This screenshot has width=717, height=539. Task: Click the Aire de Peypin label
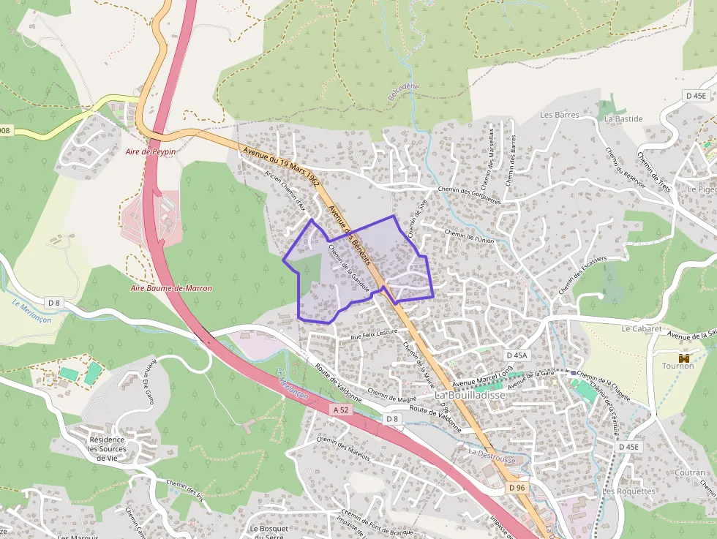[x=151, y=151]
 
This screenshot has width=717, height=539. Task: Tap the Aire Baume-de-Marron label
[x=170, y=288]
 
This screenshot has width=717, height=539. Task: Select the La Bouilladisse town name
[x=470, y=395]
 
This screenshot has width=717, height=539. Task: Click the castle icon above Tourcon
[x=685, y=358]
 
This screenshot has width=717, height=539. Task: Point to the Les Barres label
[x=560, y=115]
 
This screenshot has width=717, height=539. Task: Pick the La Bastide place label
[x=623, y=118]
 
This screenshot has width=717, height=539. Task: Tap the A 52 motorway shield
[x=340, y=410]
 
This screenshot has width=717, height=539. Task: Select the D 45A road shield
[x=517, y=355]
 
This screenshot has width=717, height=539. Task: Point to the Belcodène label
[x=403, y=92]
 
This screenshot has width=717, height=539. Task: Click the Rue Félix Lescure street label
[x=374, y=332]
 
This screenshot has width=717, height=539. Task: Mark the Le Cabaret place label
[x=641, y=329]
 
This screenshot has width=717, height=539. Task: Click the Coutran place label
[x=690, y=472]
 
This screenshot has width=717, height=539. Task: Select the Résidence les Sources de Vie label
[x=107, y=449]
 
